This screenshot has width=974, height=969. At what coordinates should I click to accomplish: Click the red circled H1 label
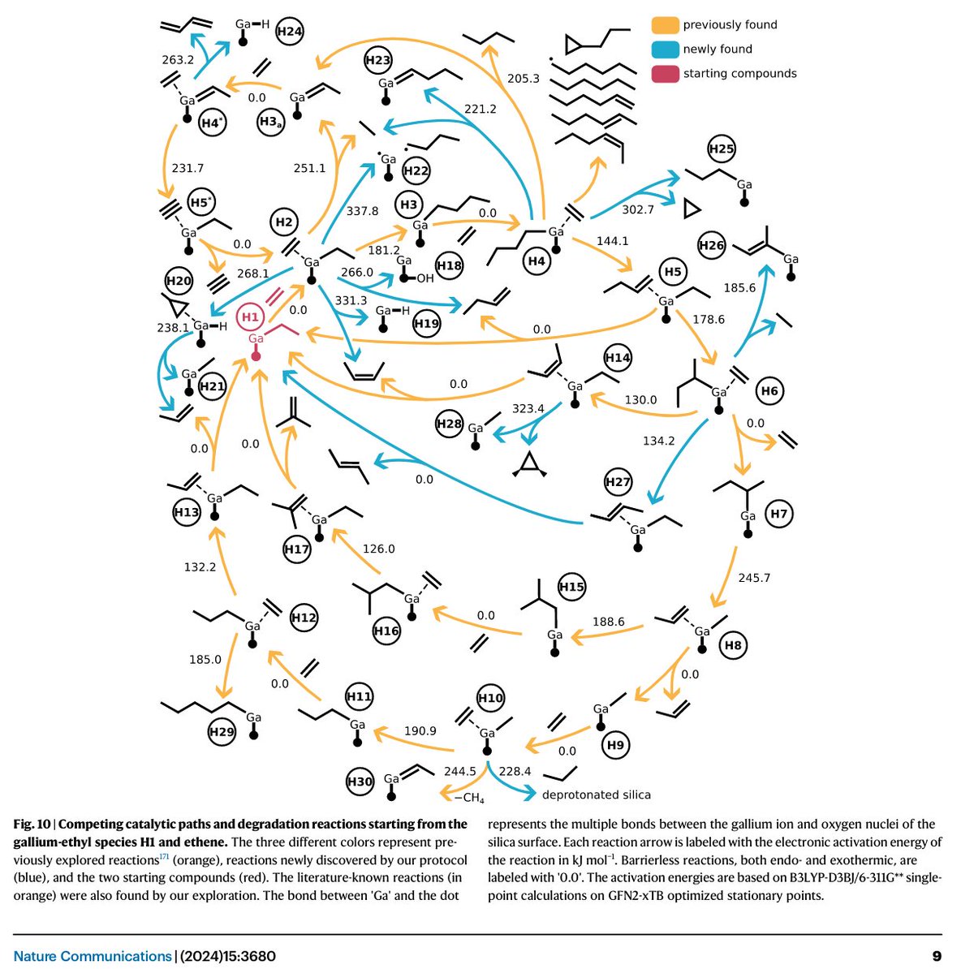point(250,316)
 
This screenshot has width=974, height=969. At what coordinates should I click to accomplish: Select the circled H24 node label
point(290,32)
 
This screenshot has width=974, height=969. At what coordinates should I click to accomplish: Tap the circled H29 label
point(222,731)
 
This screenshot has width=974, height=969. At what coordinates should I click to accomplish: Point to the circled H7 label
point(779,514)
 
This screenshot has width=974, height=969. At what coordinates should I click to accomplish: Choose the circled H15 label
point(571,587)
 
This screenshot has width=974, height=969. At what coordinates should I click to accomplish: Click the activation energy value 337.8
point(363,211)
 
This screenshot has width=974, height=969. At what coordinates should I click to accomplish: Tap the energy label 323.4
point(528,408)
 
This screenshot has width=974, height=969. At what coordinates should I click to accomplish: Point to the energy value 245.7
point(754,578)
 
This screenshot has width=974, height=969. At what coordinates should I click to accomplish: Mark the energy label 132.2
point(200,566)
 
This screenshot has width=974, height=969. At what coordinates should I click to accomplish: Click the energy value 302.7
point(638,209)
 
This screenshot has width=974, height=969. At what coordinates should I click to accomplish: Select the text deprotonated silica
point(597,795)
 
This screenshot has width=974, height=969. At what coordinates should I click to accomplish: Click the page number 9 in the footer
point(937,956)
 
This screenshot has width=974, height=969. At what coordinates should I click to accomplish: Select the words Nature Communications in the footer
point(93,956)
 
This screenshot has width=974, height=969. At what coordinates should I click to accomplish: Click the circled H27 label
point(618,482)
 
